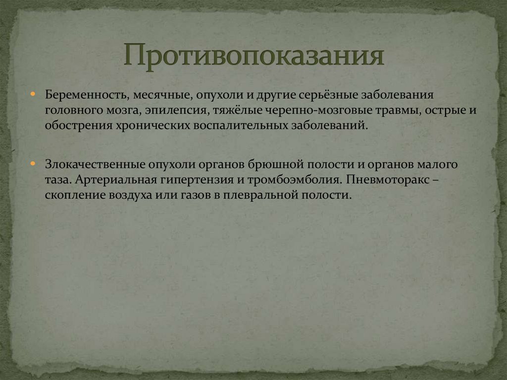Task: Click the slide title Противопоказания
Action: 253,55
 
